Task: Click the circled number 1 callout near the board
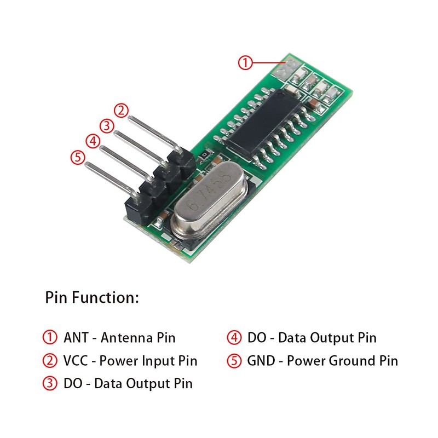pyautogui.click(x=245, y=62)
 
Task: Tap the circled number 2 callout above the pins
pyautogui.click(x=122, y=109)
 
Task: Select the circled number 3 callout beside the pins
pyautogui.click(x=107, y=125)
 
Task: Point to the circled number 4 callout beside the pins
pyautogui.click(x=93, y=141)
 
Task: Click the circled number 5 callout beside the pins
pyautogui.click(x=78, y=158)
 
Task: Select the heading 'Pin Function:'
pyautogui.click(x=92, y=298)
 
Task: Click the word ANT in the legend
pyautogui.click(x=76, y=337)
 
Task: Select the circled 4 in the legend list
pyautogui.click(x=234, y=337)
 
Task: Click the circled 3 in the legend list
pyautogui.click(x=50, y=383)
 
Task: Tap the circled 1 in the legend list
pyautogui.click(x=50, y=337)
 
